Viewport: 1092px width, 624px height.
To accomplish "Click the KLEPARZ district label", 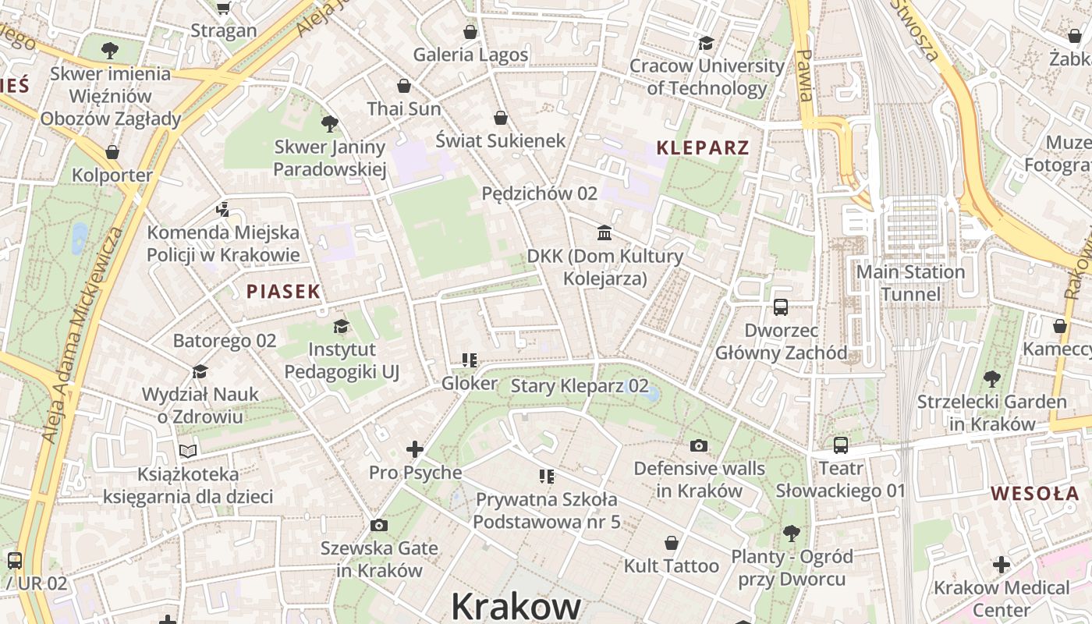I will pos(703,147).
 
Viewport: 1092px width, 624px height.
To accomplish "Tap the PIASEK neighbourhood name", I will pos(283,292).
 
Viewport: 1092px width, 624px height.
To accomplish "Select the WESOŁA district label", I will pos(1035,493).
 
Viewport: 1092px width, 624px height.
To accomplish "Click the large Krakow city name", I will pos(516,605).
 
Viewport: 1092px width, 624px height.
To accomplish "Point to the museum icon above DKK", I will pos(604,232).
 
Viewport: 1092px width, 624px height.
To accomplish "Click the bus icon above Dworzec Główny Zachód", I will pos(781,307).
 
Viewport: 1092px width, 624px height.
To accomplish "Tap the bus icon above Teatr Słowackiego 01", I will pos(841,445).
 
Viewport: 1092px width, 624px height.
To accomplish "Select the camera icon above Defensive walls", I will pos(699,445).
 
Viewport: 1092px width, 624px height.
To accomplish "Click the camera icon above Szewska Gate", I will pos(379,525).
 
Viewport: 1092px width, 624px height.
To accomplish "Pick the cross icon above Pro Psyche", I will pos(415,449).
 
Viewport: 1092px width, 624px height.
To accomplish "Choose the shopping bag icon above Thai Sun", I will pos(404,86).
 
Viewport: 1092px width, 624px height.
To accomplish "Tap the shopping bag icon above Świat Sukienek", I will pos(501,118).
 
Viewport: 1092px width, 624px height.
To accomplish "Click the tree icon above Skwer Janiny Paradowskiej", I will pos(330,123).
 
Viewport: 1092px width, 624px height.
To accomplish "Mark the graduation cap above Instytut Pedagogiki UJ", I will pos(341,326).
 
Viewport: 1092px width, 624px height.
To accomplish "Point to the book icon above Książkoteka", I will pos(188,450).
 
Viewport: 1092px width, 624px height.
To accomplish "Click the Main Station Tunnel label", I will pos(910,282).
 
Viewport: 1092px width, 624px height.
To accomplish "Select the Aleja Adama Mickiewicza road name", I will pos(84,335).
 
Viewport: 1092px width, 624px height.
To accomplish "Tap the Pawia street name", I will pos(805,76).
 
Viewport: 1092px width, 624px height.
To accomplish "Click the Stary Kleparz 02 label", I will pos(580,385).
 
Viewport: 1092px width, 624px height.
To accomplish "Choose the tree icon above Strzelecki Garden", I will pos(991,379).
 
